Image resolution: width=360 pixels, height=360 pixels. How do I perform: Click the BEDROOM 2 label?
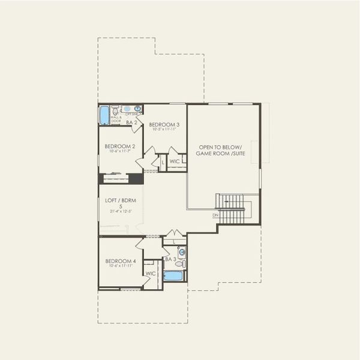coord(119,146)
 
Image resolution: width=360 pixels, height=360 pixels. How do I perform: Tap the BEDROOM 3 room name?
coord(164,124)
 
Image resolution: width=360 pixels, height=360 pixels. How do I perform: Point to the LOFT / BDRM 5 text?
coord(120,202)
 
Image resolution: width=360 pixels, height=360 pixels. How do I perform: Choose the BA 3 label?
coord(170,259)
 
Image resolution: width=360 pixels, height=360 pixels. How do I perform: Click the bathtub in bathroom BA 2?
coord(104,114)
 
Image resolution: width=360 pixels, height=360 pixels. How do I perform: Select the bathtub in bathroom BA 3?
coord(173,275)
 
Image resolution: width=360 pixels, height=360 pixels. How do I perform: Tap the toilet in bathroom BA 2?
coord(116,110)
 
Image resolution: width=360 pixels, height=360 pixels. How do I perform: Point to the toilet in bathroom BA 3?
coord(181,263)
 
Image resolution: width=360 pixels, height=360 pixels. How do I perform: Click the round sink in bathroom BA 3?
coord(181,252)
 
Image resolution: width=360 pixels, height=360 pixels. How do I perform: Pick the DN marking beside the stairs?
coord(215,215)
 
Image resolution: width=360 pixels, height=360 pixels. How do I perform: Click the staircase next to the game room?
coord(232,208)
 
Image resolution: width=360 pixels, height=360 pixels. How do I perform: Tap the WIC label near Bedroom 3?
coord(175,161)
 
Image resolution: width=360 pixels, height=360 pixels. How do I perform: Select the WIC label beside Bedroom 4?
coord(151,274)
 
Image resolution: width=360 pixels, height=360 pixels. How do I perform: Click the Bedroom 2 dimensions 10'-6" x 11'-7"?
coord(119,151)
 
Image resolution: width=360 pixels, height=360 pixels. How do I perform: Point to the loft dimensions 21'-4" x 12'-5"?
coord(120,211)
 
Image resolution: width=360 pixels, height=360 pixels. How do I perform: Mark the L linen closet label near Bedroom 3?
coord(162,161)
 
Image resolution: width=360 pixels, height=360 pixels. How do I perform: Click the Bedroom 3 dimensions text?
coord(164,129)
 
